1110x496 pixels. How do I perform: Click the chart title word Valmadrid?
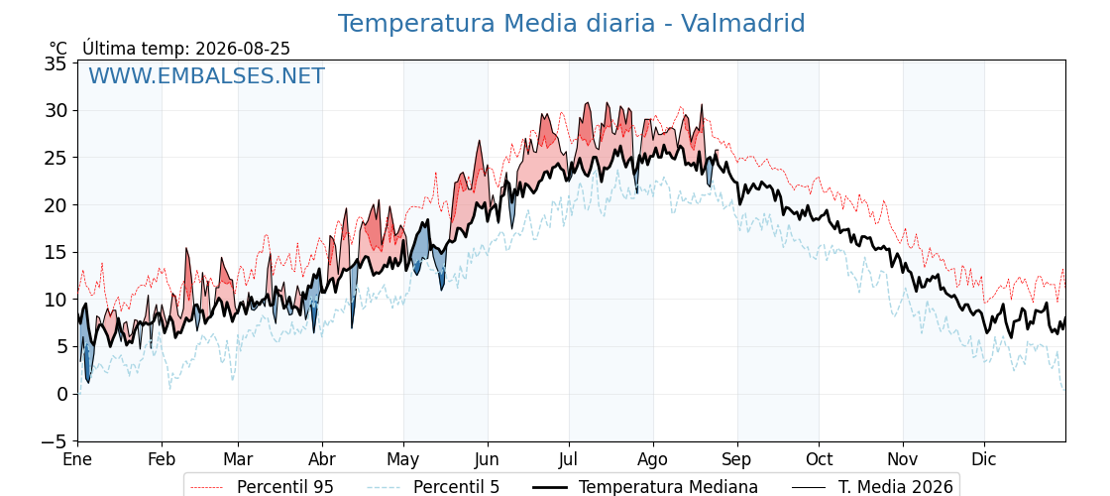coord(742,24)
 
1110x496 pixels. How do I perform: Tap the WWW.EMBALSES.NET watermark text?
coord(207,75)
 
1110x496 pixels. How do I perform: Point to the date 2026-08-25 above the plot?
coord(243,49)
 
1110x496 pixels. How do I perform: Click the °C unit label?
coord(58,49)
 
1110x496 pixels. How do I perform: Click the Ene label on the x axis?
coord(78,459)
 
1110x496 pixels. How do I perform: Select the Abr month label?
coord(322,459)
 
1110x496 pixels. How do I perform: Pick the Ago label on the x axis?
coord(653,459)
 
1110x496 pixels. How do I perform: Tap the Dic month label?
coord(984,459)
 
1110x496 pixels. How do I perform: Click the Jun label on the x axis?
coord(487,459)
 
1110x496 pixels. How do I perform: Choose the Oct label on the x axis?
coord(819,459)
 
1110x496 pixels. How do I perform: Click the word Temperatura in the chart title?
coord(417,24)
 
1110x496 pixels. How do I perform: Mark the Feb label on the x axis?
coord(162,459)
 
